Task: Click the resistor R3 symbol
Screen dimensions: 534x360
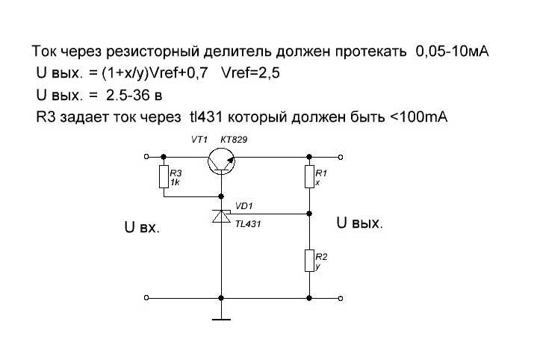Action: (164, 177)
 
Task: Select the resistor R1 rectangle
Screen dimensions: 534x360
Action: (309, 177)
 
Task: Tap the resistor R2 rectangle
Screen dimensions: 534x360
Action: (309, 261)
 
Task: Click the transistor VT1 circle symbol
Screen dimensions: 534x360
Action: (221, 161)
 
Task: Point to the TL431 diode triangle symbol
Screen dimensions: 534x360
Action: (221, 217)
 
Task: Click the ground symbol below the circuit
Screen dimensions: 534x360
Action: (221, 320)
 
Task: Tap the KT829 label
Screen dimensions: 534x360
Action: (234, 140)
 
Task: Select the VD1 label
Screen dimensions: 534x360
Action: (243, 206)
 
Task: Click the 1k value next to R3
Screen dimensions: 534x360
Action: (175, 182)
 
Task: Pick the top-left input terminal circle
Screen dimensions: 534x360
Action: (146, 157)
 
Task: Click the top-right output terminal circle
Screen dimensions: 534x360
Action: (341, 157)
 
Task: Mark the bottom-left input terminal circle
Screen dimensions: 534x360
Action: (146, 298)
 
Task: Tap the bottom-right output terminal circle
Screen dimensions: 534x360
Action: (341, 298)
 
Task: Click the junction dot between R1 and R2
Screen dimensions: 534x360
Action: (309, 214)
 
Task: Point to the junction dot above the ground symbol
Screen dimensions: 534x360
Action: (221, 298)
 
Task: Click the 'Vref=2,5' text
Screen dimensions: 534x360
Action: (250, 73)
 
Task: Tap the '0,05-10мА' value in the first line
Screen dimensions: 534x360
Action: (453, 51)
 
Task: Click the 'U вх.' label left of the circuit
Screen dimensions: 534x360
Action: (143, 227)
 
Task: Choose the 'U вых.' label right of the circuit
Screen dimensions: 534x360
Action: (360, 223)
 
